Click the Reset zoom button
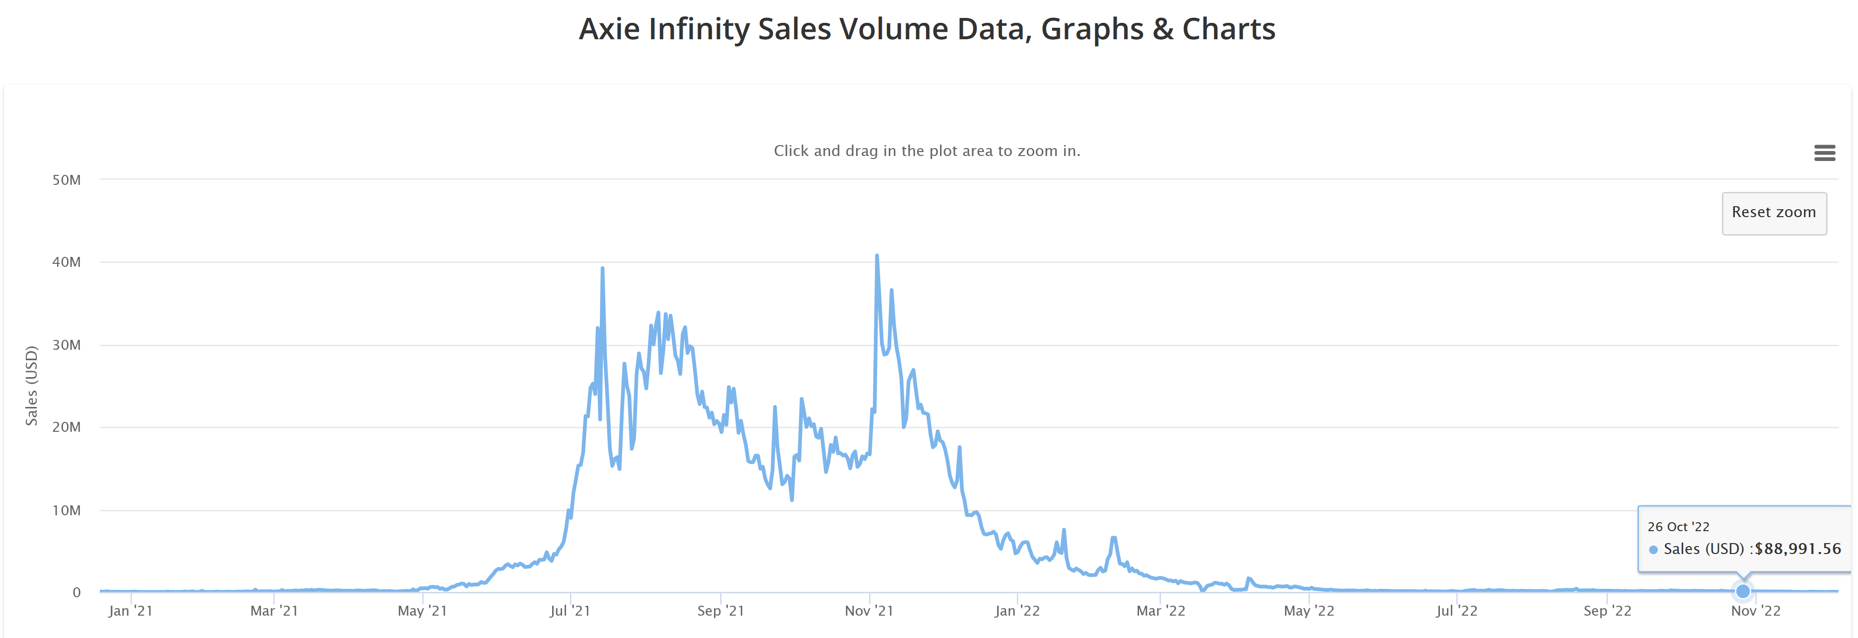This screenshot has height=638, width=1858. point(1773,213)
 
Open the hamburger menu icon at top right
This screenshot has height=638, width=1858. point(1824,153)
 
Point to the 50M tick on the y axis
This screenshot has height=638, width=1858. point(67,180)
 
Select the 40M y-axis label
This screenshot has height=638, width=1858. point(67,262)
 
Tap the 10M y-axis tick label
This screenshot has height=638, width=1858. point(67,510)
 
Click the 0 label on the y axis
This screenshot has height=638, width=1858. point(76,592)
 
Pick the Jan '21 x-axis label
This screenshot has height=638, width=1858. point(131,611)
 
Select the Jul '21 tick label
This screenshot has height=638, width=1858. point(570,611)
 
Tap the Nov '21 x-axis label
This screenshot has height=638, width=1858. point(869,611)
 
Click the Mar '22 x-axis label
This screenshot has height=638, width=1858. point(1160,611)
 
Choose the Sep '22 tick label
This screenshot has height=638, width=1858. point(1607,611)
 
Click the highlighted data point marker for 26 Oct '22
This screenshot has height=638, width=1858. point(1743,591)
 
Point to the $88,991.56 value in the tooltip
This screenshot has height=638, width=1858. point(1797,549)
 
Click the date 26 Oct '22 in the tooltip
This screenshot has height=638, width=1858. point(1678,527)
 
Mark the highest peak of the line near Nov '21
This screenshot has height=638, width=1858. point(876,255)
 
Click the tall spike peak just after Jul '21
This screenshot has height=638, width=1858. point(602,268)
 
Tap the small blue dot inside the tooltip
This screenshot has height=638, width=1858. point(1653,550)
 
